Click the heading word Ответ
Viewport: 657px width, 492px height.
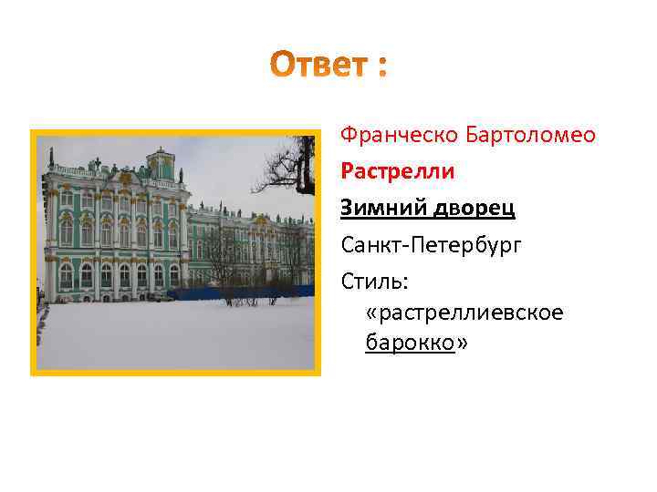[x=315, y=65]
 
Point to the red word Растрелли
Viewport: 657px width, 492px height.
[x=398, y=171]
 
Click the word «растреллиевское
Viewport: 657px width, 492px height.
[x=464, y=313]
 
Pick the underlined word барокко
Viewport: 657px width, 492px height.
[x=410, y=343]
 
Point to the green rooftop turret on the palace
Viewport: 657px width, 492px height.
[x=161, y=163]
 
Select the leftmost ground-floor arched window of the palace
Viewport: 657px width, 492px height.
[x=66, y=275]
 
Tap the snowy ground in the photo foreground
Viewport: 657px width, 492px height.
[x=173, y=337]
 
